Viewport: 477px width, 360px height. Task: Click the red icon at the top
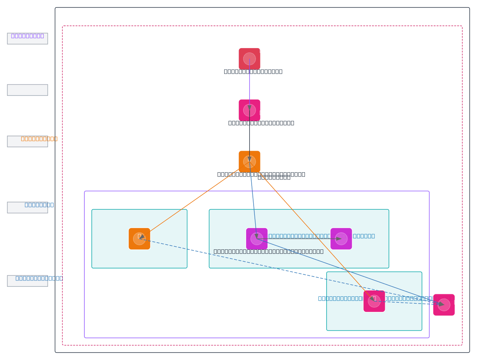pos(249,59)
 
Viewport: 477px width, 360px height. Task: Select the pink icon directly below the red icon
pos(249,110)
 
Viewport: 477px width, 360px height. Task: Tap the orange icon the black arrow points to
pos(249,162)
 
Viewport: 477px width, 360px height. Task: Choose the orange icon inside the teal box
pos(139,239)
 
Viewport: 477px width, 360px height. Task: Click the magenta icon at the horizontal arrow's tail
pos(256,239)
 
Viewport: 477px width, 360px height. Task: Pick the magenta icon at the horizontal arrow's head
pos(341,239)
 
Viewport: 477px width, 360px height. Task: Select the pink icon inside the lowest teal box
pos(374,301)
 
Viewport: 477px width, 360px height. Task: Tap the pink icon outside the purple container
pos(444,305)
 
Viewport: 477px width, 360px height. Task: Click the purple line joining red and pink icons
pos(249,86)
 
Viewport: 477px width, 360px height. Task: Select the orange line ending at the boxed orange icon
pos(191,201)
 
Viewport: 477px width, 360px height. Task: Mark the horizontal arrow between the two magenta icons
pos(298,239)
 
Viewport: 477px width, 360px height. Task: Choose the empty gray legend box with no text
pos(27,90)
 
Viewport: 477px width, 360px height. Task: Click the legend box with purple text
pos(27,39)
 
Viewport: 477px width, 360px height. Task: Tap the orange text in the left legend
pos(39,139)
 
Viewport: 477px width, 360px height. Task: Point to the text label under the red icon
pos(253,72)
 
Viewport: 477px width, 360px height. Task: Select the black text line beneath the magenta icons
pos(268,251)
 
